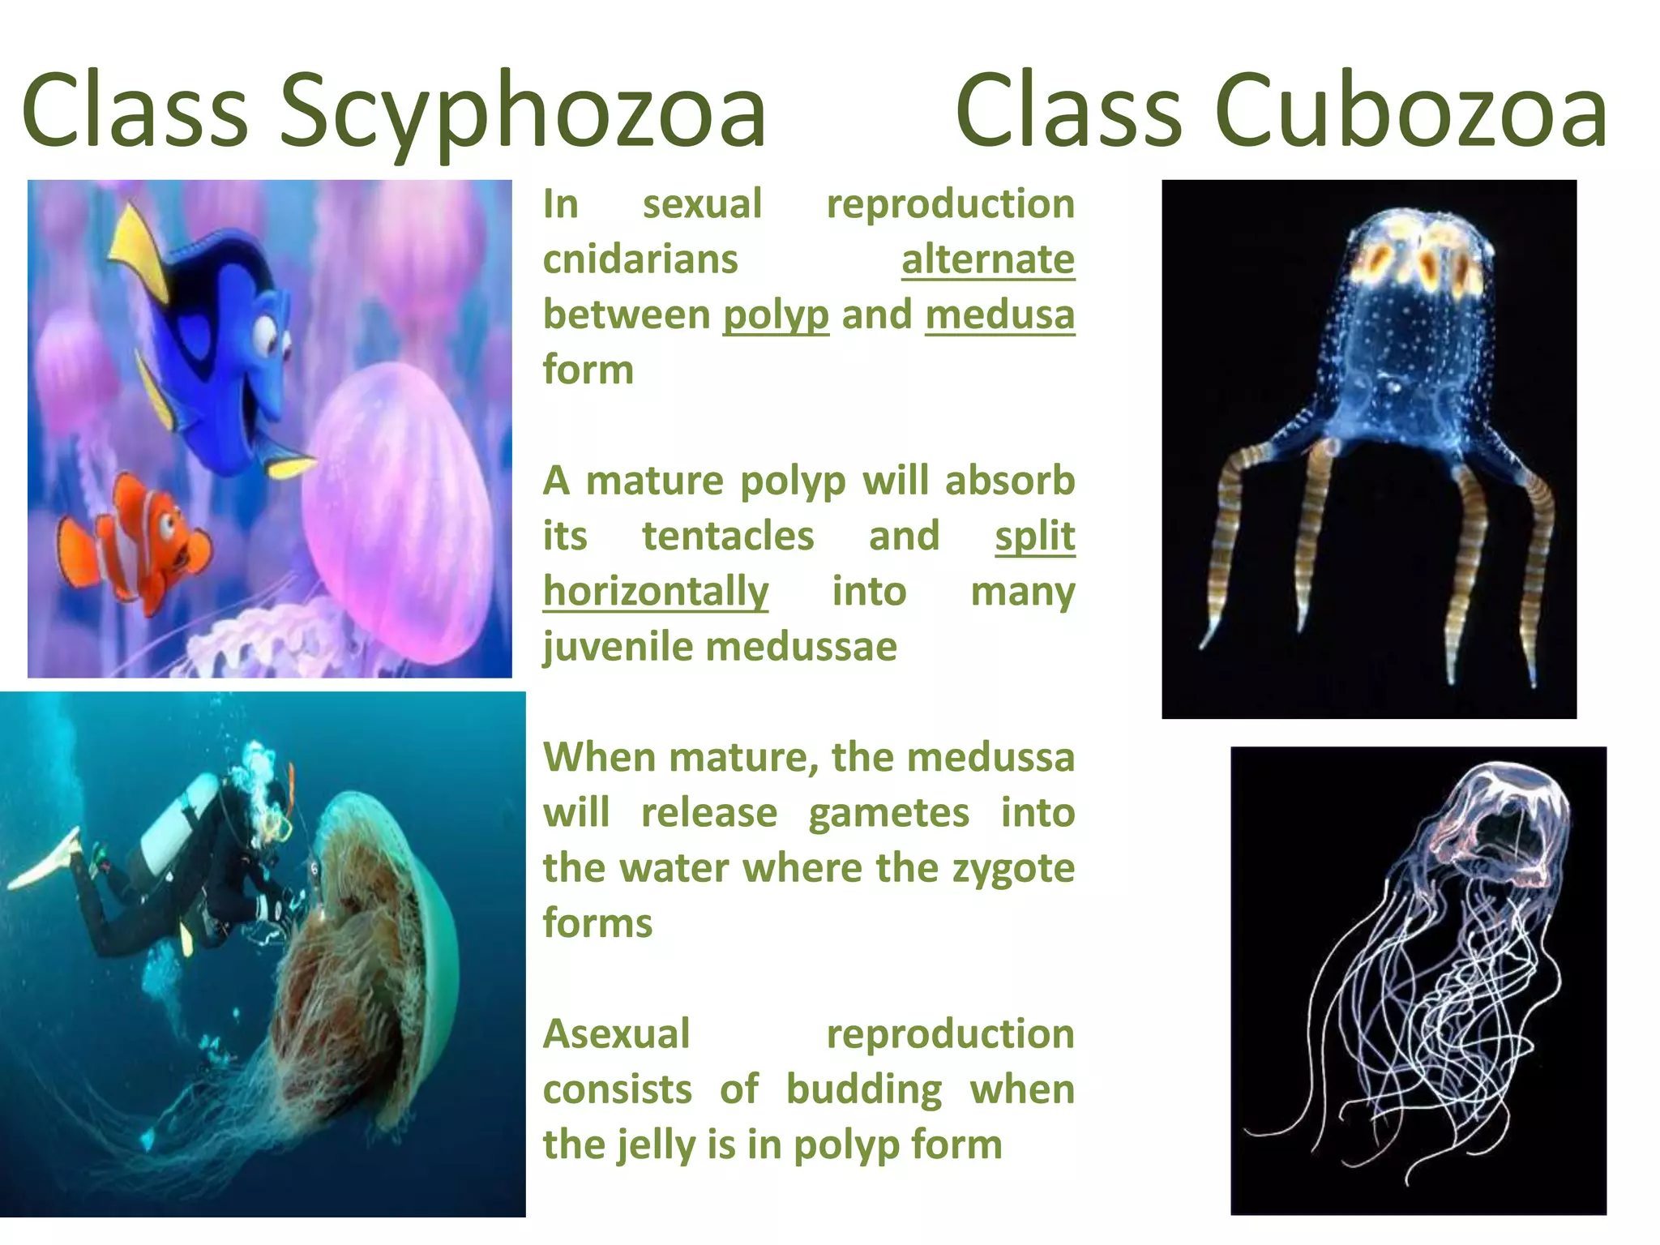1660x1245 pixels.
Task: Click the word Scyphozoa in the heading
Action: (x=522, y=111)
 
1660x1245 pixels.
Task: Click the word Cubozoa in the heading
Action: (x=1410, y=111)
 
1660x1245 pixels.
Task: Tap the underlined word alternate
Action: (x=987, y=259)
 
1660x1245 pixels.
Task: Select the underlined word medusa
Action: (x=999, y=314)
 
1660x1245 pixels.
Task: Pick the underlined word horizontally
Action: (x=656, y=592)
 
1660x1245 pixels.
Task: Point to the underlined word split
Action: (x=1034, y=536)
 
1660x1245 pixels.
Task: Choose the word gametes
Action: (x=888, y=813)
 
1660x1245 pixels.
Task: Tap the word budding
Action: (x=863, y=1089)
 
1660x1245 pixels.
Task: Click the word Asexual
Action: (x=616, y=1034)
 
